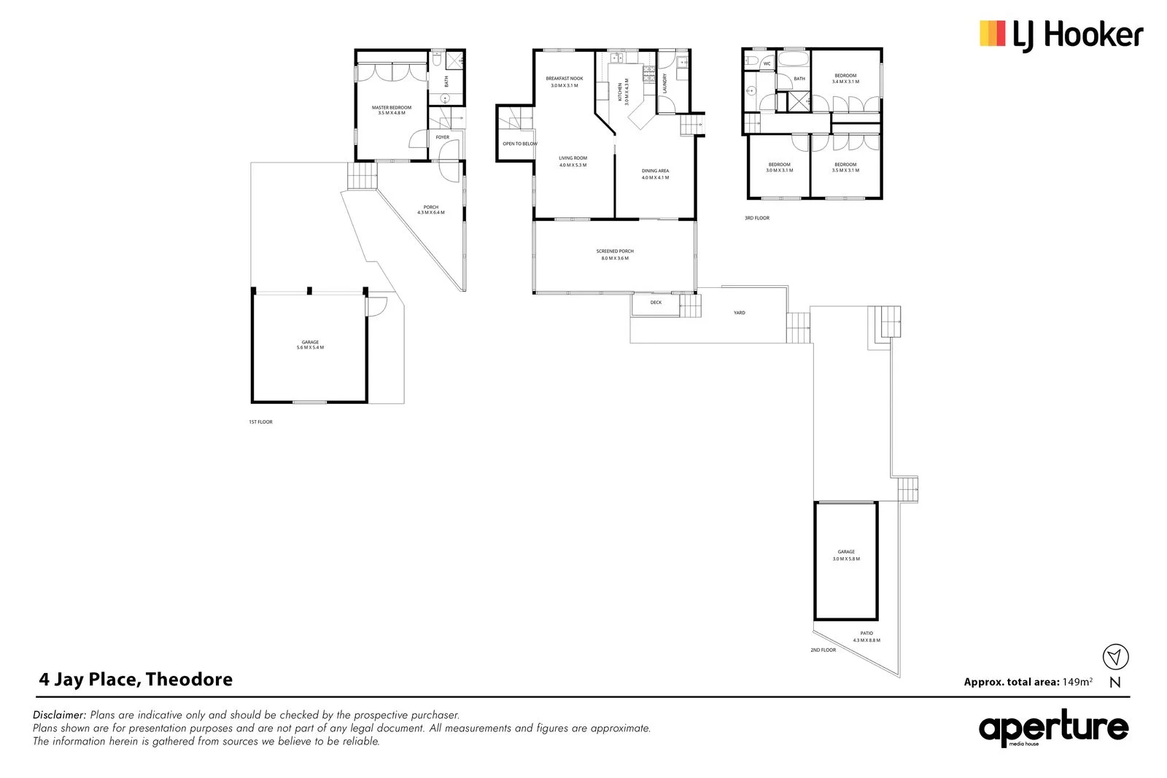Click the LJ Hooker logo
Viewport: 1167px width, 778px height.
click(x=1061, y=35)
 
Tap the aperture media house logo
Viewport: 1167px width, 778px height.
click(x=1053, y=728)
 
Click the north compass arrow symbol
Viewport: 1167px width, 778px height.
click(x=1114, y=657)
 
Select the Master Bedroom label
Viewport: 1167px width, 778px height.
click(x=392, y=110)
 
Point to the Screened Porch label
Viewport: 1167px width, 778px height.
click(x=615, y=254)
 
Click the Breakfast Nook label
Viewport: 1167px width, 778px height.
click(x=565, y=82)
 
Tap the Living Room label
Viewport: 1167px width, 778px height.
click(x=573, y=161)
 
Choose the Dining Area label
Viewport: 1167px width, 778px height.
click(x=655, y=174)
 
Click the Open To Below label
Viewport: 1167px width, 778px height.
click(x=519, y=144)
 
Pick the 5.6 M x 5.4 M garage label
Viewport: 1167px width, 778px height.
click(x=310, y=345)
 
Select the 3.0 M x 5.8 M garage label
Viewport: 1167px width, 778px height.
click(x=846, y=556)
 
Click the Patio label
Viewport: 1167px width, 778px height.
click(x=866, y=637)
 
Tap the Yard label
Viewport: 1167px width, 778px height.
click(x=740, y=313)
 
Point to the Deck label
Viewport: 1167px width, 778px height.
click(x=656, y=303)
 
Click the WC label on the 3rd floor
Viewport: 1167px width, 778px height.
click(x=767, y=64)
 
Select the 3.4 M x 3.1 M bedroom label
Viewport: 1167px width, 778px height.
click(x=845, y=79)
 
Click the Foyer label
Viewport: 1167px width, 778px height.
click(x=443, y=137)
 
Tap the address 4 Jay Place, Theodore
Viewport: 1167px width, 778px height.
click(x=136, y=680)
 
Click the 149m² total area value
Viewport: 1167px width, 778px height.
click(x=1077, y=682)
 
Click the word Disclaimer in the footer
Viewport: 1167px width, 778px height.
click(x=59, y=715)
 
